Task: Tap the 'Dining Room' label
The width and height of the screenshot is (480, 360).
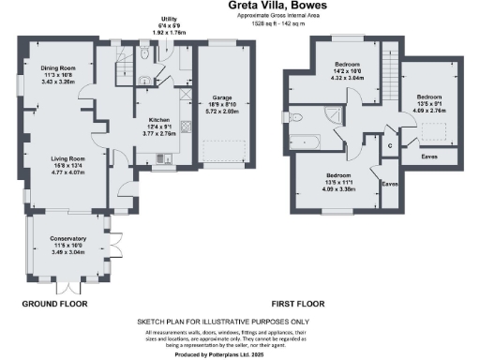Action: (56, 67)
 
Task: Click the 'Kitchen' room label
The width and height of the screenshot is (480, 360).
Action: (159, 120)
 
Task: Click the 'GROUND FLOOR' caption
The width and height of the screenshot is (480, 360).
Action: (54, 304)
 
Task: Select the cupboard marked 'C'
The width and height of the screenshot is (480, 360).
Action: (390, 145)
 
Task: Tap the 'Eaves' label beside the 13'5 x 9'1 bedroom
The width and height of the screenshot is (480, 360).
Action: (431, 156)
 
